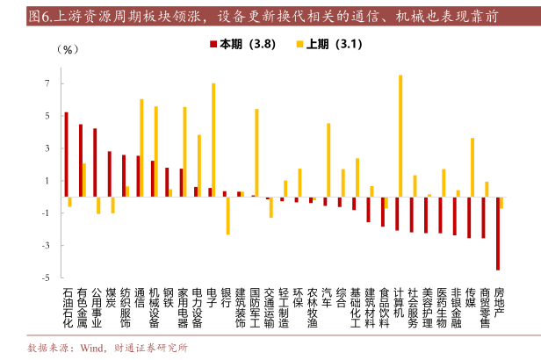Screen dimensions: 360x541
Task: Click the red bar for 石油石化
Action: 66,155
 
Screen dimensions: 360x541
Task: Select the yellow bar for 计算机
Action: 400,135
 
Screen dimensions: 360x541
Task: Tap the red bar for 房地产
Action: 497,234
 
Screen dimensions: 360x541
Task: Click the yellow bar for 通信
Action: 141,148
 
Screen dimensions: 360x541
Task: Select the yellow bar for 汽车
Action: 328,160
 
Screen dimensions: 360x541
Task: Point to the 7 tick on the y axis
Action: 49,83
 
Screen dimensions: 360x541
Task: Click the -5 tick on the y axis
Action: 47,277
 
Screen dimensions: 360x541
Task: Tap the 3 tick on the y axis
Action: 49,148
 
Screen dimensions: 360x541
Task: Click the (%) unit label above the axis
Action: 68,49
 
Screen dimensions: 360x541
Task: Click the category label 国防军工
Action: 256,308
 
